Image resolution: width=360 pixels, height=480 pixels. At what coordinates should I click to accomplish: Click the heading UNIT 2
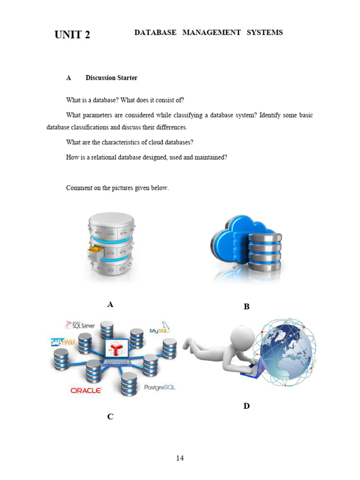pyautogui.click(x=72, y=35)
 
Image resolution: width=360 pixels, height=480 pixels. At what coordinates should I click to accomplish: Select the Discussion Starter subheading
pyautogui.click(x=111, y=78)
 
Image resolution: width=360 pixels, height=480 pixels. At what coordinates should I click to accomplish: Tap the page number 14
pyautogui.click(x=180, y=458)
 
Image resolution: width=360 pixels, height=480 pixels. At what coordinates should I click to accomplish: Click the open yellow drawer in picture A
pyautogui.click(x=95, y=255)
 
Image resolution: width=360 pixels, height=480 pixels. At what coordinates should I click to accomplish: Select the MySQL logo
pyautogui.click(x=160, y=329)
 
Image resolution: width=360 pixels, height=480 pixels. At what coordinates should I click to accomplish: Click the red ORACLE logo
pyautogui.click(x=86, y=390)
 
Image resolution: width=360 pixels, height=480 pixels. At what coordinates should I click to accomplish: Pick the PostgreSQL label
pyautogui.click(x=160, y=388)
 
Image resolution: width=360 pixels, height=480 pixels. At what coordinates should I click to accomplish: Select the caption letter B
pyautogui.click(x=247, y=307)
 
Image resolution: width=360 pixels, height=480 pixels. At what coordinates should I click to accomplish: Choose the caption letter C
pyautogui.click(x=110, y=416)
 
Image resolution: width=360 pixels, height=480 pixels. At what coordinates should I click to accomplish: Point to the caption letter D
pyautogui.click(x=247, y=406)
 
